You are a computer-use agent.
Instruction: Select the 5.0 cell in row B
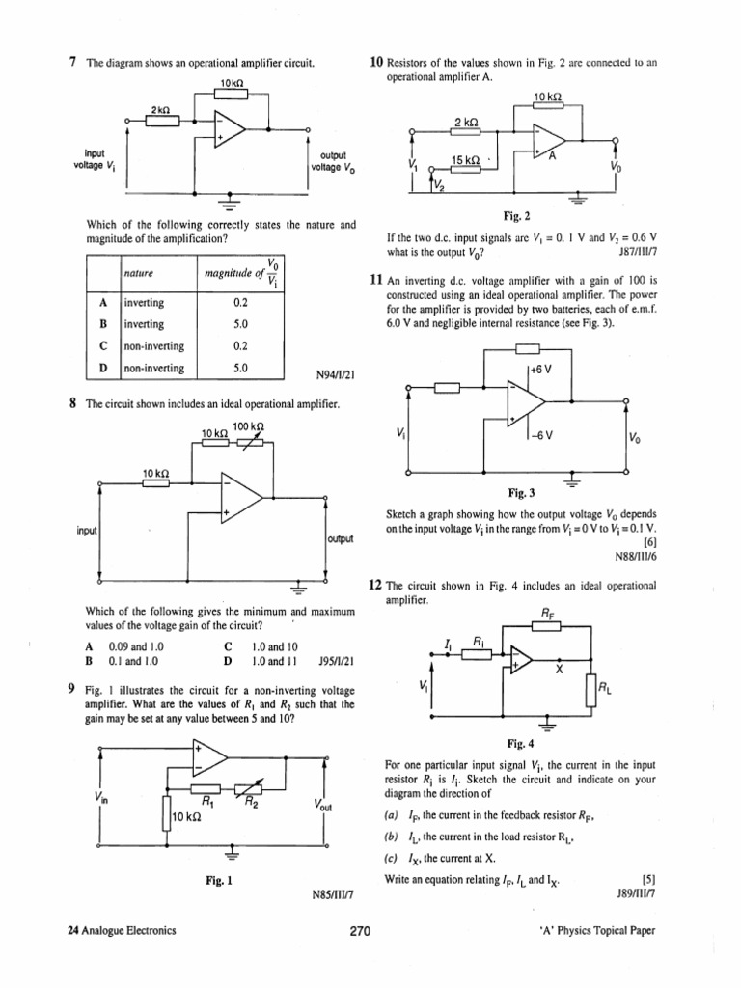(x=241, y=324)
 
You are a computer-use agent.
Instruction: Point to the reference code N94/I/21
(x=335, y=375)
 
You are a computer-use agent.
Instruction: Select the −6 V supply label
(x=540, y=433)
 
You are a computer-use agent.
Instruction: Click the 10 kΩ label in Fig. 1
(x=185, y=817)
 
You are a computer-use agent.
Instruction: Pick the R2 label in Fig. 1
(x=249, y=800)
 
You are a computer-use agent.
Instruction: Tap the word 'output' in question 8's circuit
(x=342, y=538)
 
